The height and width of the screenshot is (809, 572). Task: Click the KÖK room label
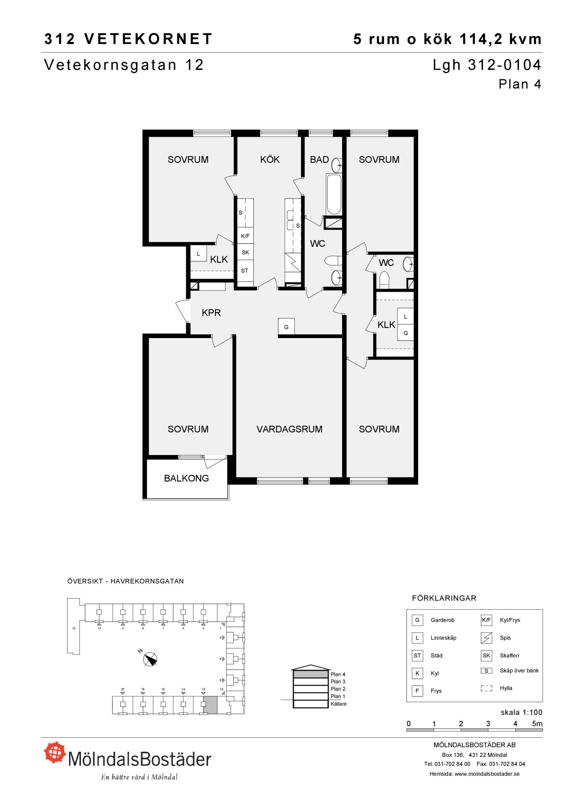click(x=270, y=159)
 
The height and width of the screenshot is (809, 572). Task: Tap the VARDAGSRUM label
click(x=289, y=429)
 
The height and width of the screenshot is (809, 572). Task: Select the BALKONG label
click(x=186, y=478)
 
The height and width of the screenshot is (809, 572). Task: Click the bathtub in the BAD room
click(x=334, y=194)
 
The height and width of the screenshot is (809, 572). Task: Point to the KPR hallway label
click(x=211, y=313)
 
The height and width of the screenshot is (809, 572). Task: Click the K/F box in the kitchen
click(x=245, y=236)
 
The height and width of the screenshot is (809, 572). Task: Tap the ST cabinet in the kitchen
click(x=245, y=271)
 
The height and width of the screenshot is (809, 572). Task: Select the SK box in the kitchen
click(x=245, y=252)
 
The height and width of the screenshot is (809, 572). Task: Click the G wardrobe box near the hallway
click(x=286, y=327)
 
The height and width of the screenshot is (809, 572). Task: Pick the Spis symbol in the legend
click(x=486, y=638)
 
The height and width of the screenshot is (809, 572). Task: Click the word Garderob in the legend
click(x=442, y=620)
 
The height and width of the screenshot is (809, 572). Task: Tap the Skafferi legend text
click(x=509, y=656)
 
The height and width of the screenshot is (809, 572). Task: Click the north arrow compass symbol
click(x=150, y=659)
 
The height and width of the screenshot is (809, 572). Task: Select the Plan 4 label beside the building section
click(x=338, y=674)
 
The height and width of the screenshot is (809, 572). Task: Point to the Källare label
click(x=338, y=704)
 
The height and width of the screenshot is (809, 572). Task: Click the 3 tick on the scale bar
click(x=488, y=724)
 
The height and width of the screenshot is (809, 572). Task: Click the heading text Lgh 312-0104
click(x=487, y=65)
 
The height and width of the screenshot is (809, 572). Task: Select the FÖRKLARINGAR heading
click(x=444, y=598)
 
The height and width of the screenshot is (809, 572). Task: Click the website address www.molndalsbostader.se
click(x=487, y=774)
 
